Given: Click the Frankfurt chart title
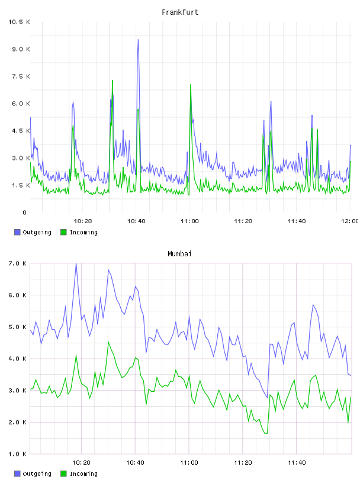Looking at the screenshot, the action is (x=180, y=12).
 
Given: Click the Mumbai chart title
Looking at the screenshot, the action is (x=179, y=253).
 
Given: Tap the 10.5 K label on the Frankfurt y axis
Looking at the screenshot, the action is (x=19, y=22).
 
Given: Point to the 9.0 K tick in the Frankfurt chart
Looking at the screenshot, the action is (x=21, y=49).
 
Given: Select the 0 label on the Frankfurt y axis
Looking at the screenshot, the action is (x=24, y=212).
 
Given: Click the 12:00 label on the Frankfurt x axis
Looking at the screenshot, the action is (x=349, y=221).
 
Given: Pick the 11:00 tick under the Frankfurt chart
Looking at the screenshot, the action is (x=189, y=221).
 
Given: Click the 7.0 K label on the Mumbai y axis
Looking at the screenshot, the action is (x=17, y=263).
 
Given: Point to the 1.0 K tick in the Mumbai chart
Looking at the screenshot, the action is (x=17, y=454).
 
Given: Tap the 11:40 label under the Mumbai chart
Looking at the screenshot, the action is (x=297, y=462).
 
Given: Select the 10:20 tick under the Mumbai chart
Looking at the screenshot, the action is (x=81, y=462).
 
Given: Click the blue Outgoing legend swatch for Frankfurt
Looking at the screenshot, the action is (x=17, y=232).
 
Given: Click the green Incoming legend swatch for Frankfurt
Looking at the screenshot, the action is (x=63, y=232).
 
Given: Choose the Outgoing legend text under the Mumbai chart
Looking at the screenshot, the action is (x=37, y=474).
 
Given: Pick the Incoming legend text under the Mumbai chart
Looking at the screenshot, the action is (x=83, y=474).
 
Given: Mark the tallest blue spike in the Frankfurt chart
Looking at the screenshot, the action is (x=138, y=40).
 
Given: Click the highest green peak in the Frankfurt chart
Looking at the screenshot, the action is (x=112, y=80).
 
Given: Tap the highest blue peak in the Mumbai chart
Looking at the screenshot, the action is (x=76, y=263).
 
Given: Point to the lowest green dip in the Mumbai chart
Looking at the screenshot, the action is (x=266, y=433).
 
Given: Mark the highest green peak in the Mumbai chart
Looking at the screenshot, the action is (x=108, y=342).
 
